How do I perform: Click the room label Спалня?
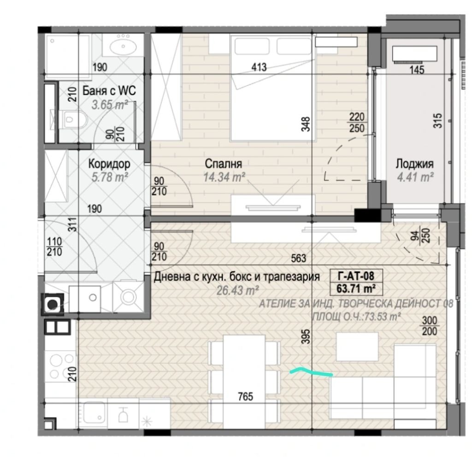coord(223,164)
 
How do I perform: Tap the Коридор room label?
coord(109,164)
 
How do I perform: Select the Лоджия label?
coord(414,164)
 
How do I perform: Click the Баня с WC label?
coord(109,91)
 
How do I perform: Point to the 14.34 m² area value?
coord(224,177)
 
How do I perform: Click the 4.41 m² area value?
coord(415,177)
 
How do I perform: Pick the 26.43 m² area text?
coord(238,290)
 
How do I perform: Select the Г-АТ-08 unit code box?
coord(356,275)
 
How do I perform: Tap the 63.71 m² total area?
coord(356,289)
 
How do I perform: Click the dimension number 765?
coord(245,397)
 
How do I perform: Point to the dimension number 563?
coord(298,258)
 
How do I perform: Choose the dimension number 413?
coord(259,67)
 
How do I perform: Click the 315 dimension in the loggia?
coord(438,121)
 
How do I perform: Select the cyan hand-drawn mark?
coord(311,372)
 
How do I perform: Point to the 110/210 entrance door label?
coord(54,247)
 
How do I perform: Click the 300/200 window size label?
coord(430,326)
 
